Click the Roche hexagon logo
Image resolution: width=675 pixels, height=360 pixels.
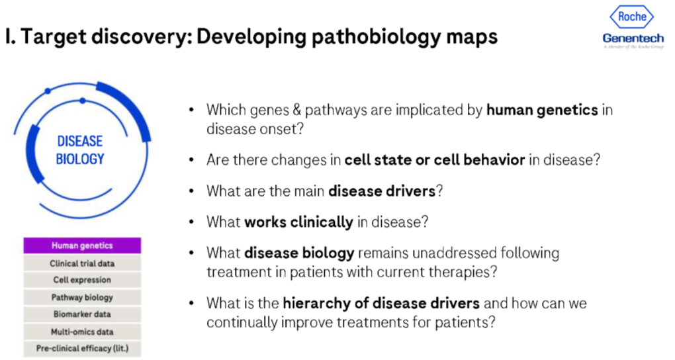[631, 17]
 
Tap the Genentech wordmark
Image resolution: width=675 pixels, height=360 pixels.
[633, 38]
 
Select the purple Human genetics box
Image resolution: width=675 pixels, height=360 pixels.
[82, 246]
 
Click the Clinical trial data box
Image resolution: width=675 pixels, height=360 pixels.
[82, 263]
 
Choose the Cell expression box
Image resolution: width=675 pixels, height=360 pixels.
[82, 280]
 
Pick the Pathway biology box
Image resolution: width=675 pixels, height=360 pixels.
[82, 297]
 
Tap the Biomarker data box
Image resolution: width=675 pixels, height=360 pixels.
[82, 314]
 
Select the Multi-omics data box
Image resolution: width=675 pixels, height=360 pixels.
[82, 332]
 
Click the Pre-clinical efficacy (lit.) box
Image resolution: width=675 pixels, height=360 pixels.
[82, 348]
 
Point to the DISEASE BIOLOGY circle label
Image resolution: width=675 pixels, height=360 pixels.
[80, 150]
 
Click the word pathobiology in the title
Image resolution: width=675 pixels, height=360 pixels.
[377, 38]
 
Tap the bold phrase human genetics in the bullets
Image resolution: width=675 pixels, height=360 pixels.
[542, 110]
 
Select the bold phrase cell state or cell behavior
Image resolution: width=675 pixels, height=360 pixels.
[435, 159]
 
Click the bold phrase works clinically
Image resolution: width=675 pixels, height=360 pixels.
[298, 222]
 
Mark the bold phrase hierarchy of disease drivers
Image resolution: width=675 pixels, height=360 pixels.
[381, 303]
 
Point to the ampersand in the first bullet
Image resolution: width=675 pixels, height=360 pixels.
[296, 110]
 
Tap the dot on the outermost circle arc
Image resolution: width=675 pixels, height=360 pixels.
[48, 91]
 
